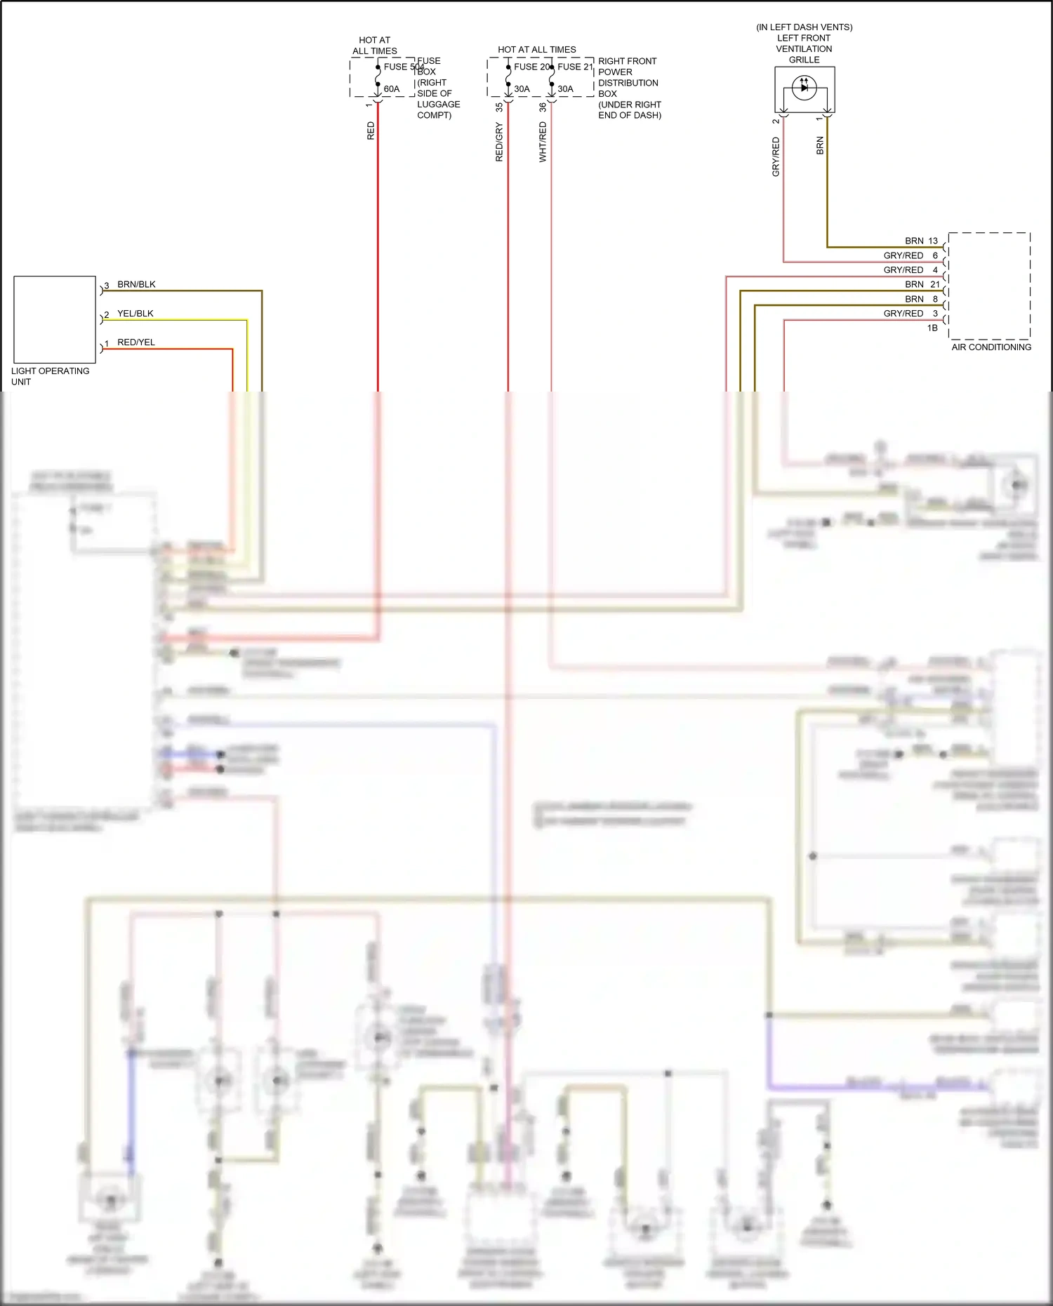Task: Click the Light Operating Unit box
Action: point(54,319)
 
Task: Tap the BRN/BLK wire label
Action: point(136,284)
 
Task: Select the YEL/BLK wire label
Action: point(135,314)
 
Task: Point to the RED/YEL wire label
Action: point(135,342)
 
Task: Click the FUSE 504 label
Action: point(403,67)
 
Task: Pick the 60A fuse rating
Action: point(391,89)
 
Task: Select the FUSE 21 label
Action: point(575,67)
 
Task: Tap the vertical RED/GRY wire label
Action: point(499,142)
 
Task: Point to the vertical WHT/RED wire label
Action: point(543,142)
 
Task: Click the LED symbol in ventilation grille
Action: point(804,88)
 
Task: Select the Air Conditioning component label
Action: point(991,347)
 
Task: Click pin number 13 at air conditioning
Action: point(932,241)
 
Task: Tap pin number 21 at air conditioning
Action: point(934,284)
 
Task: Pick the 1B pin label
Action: point(932,328)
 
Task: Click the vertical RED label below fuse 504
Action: point(371,131)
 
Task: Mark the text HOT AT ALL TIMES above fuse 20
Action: point(536,50)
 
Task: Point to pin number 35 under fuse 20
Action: point(499,107)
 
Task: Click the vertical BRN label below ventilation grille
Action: point(820,146)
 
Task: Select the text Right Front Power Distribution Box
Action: point(629,88)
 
